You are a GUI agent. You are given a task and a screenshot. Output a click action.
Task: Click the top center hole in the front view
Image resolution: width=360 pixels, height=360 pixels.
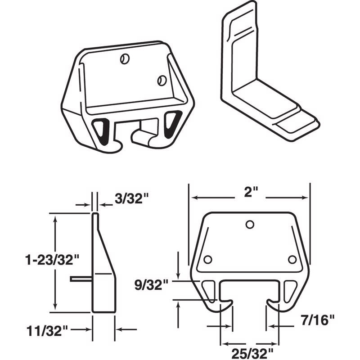tap(250, 225)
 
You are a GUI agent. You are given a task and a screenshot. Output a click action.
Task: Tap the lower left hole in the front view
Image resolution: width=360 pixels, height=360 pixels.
tap(207, 260)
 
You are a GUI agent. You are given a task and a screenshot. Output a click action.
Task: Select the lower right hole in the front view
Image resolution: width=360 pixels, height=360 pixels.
tap(292, 260)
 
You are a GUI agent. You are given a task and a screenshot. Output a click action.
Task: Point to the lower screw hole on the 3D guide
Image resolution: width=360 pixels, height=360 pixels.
tap(161, 80)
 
